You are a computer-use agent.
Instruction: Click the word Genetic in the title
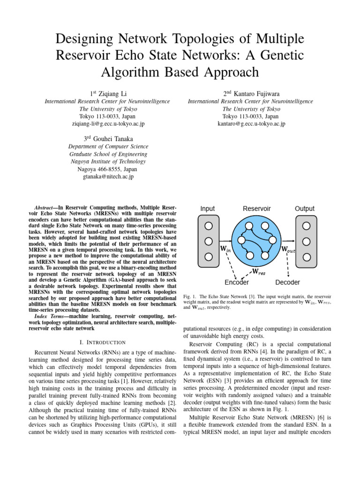point(278,55)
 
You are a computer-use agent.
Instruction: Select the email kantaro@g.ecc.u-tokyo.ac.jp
point(251,124)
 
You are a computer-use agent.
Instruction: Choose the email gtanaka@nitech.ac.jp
point(108,177)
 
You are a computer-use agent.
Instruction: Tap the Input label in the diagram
point(208,209)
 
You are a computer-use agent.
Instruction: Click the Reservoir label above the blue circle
point(256,209)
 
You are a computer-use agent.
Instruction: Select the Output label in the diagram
point(305,209)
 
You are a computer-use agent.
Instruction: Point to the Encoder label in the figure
point(237,282)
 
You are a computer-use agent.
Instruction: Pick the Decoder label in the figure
point(287,282)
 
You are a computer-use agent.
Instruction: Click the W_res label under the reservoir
point(259,271)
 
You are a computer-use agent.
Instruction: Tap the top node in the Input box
point(208,225)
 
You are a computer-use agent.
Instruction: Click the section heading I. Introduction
point(103,343)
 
